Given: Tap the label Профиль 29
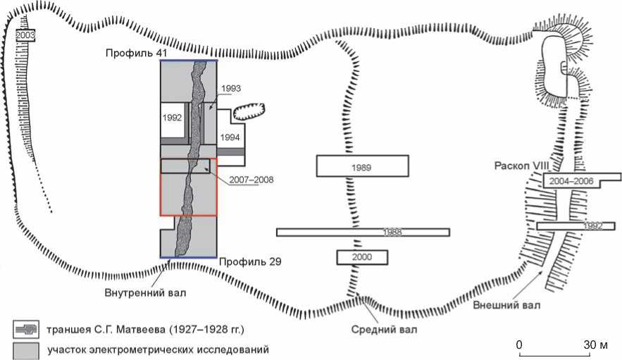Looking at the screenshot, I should point(249,262).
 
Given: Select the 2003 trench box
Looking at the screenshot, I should point(25,35).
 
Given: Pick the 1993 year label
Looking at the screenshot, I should point(230,89).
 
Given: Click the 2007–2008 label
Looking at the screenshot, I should point(253,180).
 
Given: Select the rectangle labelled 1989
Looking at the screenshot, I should point(363,166).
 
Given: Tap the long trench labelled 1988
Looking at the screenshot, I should point(363,232).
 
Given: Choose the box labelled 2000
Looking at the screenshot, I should point(363,257).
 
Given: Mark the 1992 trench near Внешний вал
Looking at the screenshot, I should point(571,225).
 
